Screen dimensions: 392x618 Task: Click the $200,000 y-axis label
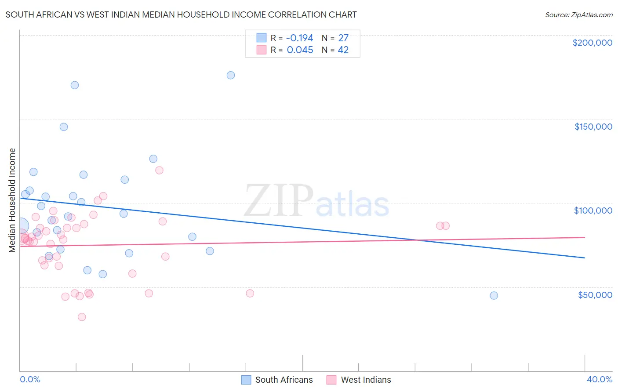click(592, 43)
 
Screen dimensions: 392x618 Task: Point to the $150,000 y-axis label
click(593, 127)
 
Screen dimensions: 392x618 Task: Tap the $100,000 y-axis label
click(593, 211)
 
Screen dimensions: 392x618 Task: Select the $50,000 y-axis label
click(595, 294)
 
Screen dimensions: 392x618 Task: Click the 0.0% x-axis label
click(30, 379)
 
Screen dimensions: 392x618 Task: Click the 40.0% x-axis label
click(599, 379)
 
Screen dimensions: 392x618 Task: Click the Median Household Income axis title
click(12, 200)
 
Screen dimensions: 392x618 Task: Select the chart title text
click(181, 15)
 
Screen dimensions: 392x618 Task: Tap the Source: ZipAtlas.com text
click(578, 15)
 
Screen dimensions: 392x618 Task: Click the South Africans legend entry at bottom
click(277, 380)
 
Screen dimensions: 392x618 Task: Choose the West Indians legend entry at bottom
click(359, 380)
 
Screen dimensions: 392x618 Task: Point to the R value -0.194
click(300, 38)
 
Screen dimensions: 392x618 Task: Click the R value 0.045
click(300, 50)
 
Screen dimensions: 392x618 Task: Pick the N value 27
click(343, 38)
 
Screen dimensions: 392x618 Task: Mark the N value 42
click(343, 50)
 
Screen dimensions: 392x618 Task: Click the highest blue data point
click(231, 75)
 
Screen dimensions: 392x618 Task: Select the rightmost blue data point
click(494, 295)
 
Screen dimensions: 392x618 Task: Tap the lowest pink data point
click(82, 317)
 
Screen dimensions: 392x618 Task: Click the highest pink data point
click(160, 170)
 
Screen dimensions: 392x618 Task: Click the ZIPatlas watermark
click(316, 201)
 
